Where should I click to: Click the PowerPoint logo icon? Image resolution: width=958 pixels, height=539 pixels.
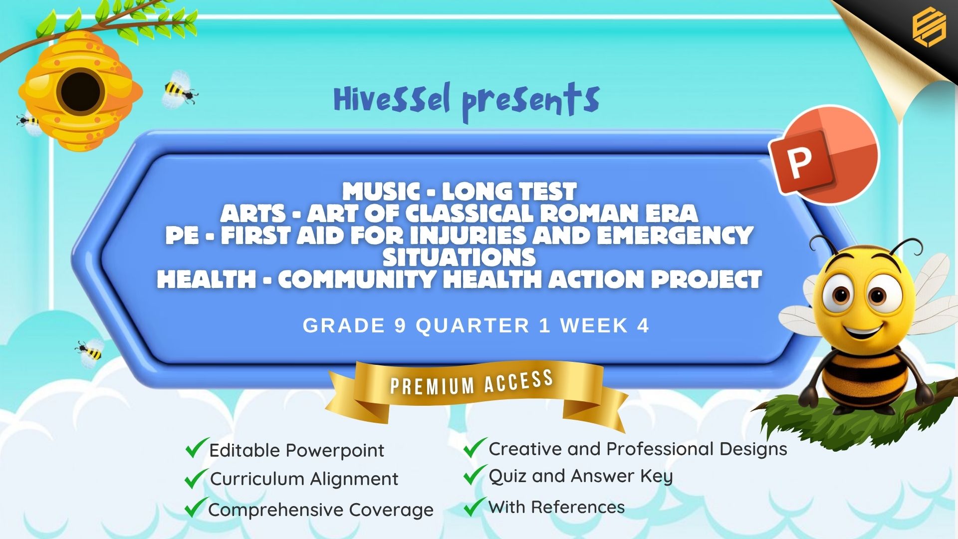(823, 155)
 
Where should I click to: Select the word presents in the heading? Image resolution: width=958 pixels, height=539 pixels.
(530, 102)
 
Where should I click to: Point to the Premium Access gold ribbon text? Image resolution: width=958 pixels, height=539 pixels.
(472, 383)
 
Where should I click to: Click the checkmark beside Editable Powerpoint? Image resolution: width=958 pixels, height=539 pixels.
(197, 448)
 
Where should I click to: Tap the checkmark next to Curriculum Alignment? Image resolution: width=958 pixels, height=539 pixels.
(196, 478)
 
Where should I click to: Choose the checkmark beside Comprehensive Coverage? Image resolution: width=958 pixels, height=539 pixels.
(196, 507)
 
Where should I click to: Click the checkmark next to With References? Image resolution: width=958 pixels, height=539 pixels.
(475, 506)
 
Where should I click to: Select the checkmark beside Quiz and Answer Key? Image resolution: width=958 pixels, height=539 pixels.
(475, 475)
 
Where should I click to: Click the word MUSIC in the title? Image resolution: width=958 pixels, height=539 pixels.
(382, 192)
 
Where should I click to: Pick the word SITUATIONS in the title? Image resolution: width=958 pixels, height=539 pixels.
(459, 258)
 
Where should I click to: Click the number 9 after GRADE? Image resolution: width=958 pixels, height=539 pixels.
(400, 326)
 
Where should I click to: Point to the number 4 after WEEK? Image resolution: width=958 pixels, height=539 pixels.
(643, 326)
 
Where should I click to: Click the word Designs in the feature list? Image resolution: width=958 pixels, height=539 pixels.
(753, 450)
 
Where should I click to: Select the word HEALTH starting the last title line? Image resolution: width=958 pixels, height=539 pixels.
(207, 279)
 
